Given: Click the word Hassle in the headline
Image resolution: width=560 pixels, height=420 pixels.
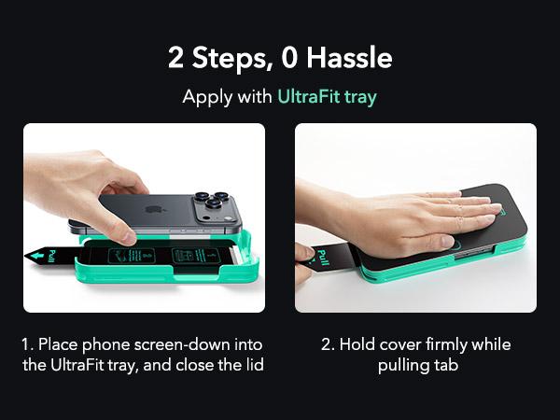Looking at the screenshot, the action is click(x=349, y=58).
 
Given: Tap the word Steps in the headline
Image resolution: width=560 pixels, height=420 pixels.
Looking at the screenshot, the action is click(x=231, y=59).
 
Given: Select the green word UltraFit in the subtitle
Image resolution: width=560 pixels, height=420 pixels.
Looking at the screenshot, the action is click(x=308, y=96).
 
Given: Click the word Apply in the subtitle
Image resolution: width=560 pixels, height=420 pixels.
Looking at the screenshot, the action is click(x=207, y=98).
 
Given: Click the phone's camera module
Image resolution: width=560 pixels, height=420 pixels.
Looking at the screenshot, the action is click(x=214, y=207).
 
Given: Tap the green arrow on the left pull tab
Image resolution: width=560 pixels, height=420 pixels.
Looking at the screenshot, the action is click(x=36, y=256).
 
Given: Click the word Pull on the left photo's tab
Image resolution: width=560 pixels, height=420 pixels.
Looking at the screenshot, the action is click(x=52, y=256).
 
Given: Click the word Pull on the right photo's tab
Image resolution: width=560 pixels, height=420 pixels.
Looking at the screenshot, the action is click(x=322, y=258).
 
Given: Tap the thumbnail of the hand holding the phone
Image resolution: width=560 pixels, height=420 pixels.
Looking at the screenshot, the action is click(x=144, y=217).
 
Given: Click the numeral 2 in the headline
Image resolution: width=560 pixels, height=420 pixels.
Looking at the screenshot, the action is click(x=175, y=58).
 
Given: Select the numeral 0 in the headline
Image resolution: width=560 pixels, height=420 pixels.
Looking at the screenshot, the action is click(x=289, y=58).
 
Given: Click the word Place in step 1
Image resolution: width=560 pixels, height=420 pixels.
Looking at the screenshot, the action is click(x=58, y=344).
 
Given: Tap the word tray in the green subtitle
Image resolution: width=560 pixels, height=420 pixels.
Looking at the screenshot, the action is click(x=360, y=97).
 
